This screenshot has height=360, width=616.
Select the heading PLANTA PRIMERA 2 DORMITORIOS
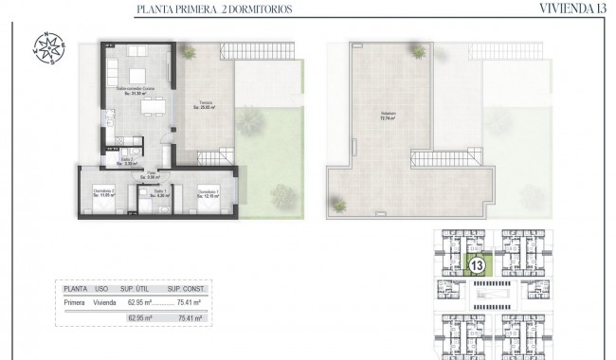tap(213, 9)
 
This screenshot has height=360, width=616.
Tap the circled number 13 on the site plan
tap(479, 265)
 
